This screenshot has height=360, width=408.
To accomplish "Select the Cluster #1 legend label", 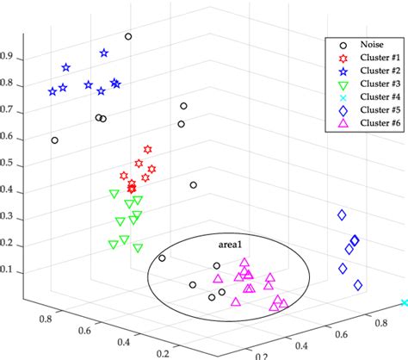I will pyautogui.click(x=372, y=56).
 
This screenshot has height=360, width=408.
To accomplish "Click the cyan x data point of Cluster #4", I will pyautogui.click(x=404, y=303).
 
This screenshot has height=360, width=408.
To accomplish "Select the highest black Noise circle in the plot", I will pyautogui.click(x=128, y=37).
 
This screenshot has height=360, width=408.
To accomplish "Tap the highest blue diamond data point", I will pyautogui.click(x=342, y=214).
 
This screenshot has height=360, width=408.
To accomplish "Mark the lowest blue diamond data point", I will pyautogui.click(x=358, y=285).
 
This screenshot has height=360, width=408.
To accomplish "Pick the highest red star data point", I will pyautogui.click(x=148, y=150).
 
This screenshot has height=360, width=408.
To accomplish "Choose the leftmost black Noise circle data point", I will pyautogui.click(x=55, y=140).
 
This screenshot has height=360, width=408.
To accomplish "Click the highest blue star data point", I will pyautogui.click(x=104, y=53).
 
